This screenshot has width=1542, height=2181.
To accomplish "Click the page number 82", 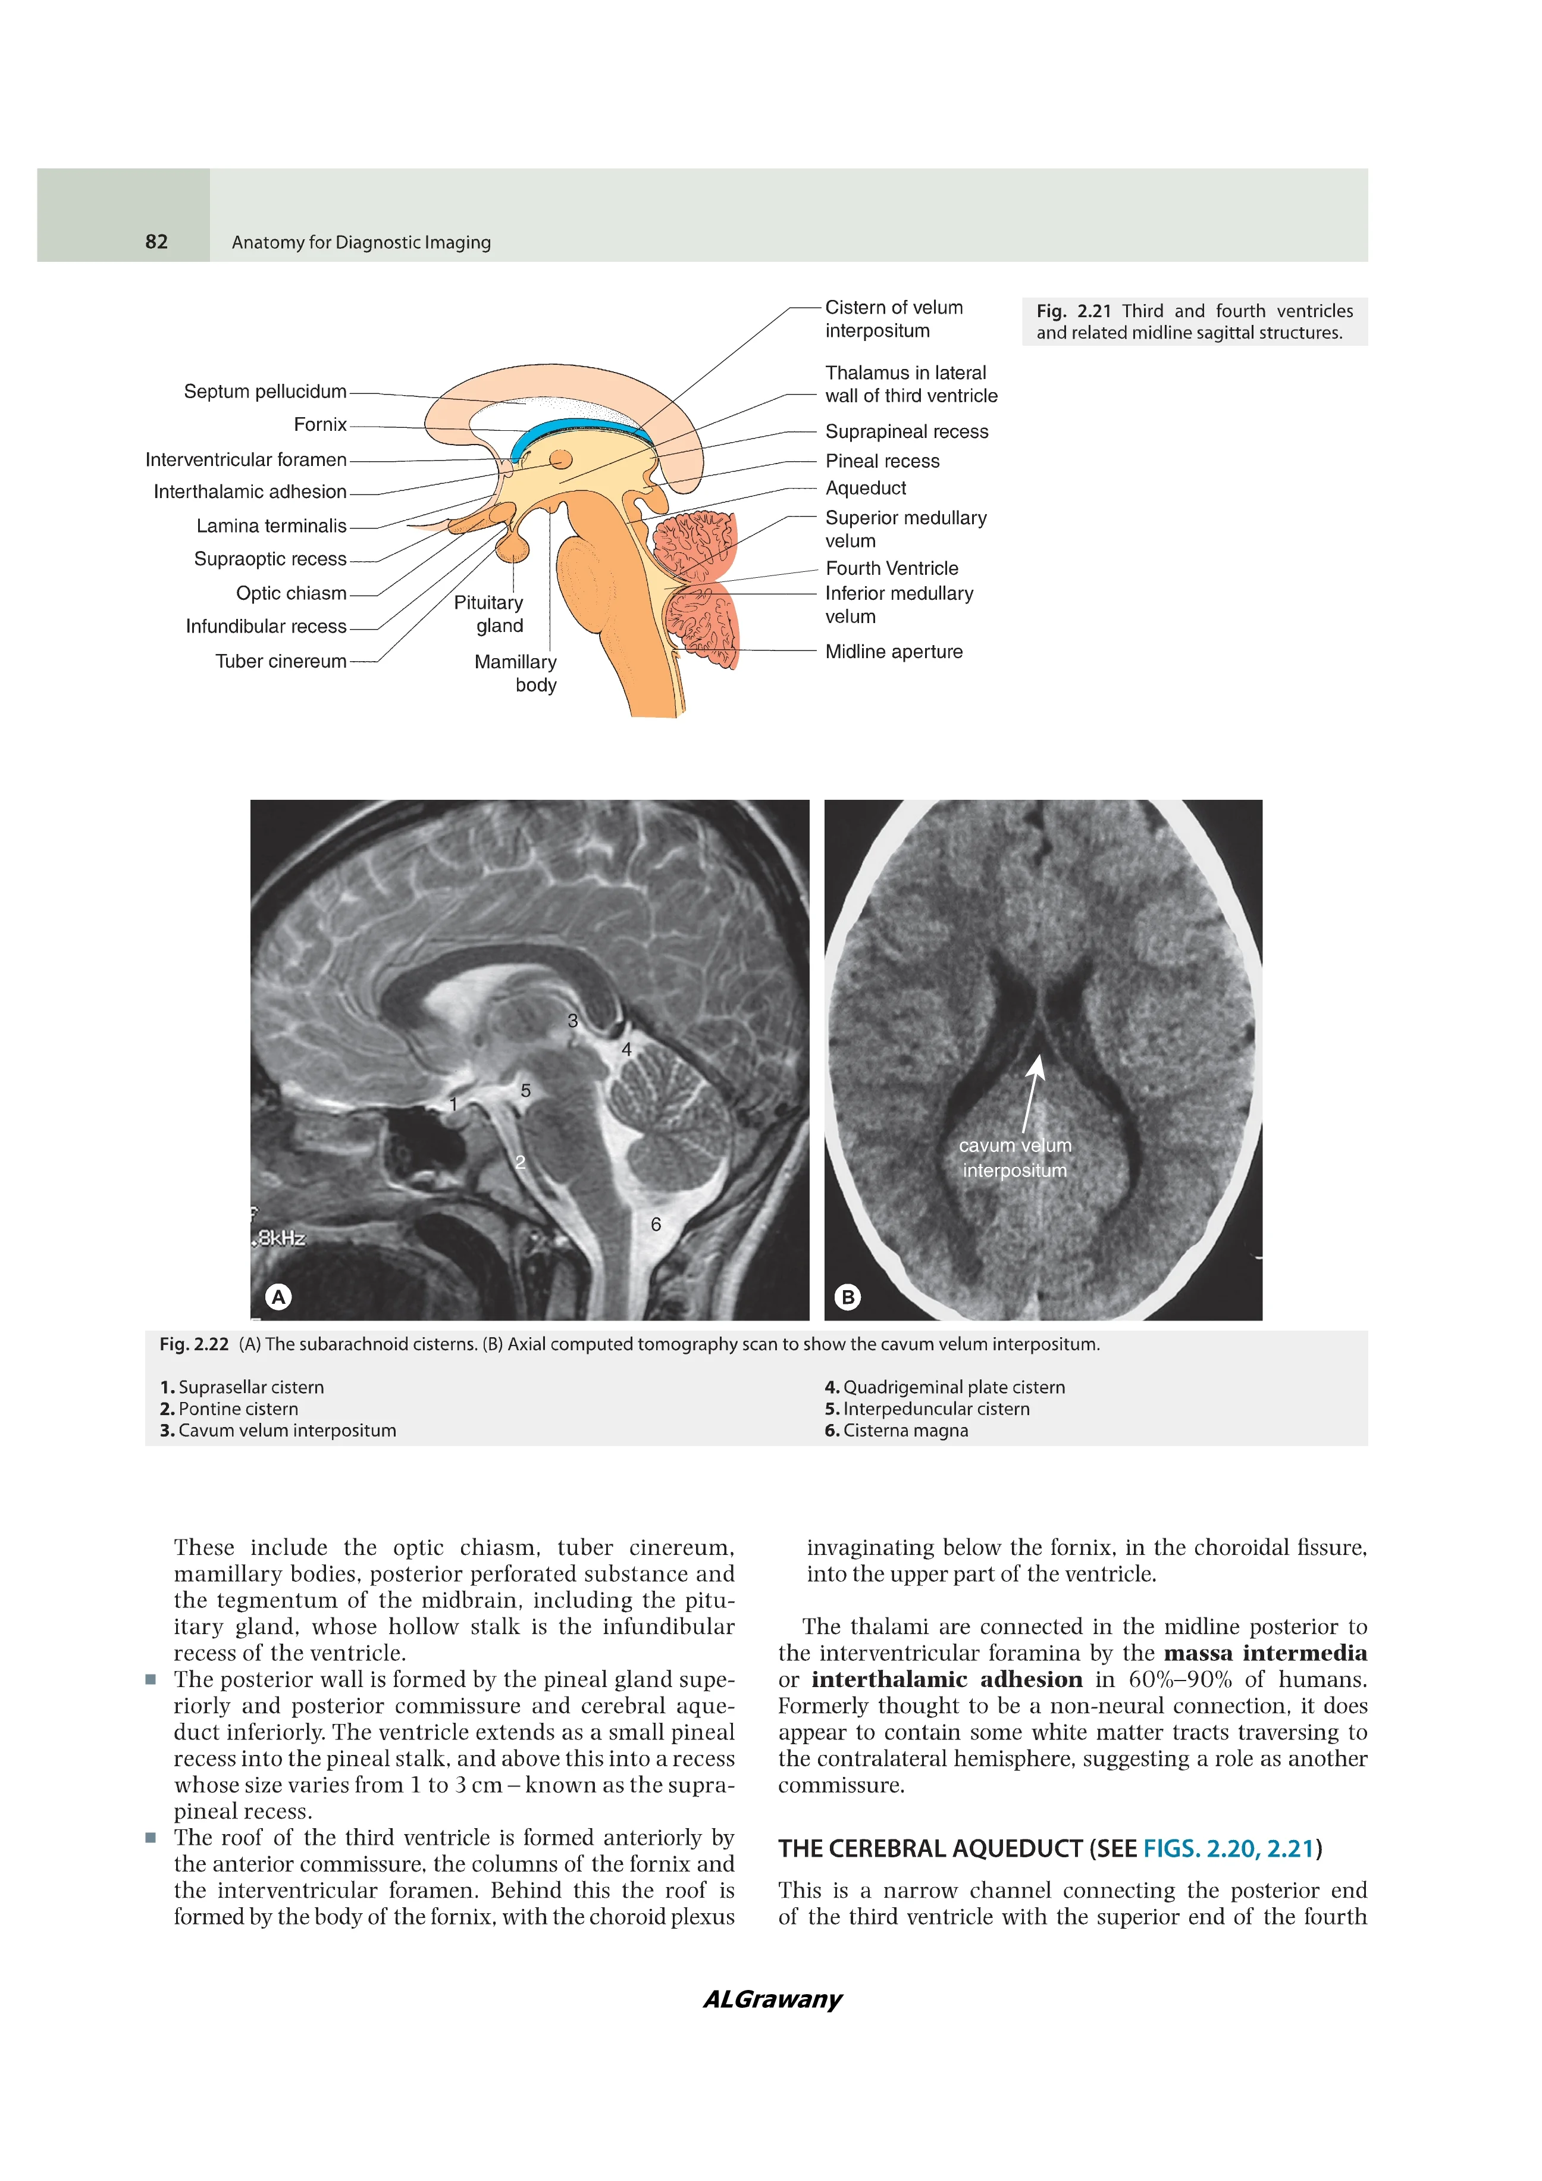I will [x=156, y=242].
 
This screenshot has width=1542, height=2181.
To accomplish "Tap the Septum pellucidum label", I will [x=265, y=392].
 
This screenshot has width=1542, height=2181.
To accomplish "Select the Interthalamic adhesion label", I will [x=250, y=492].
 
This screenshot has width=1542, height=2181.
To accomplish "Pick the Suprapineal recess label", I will [x=906, y=432].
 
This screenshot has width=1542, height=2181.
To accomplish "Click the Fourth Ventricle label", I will [x=892, y=569].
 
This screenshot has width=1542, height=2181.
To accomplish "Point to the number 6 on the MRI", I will [x=655, y=1225].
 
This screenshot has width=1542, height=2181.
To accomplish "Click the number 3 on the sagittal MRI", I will [x=572, y=1021].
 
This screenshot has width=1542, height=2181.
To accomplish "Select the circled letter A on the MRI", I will [x=278, y=1297].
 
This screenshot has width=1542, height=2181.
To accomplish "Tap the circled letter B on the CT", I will [x=848, y=1297].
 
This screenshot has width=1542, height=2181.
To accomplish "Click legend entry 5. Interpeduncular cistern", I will [x=927, y=1409].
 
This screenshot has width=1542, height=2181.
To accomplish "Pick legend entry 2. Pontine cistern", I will [x=229, y=1409].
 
